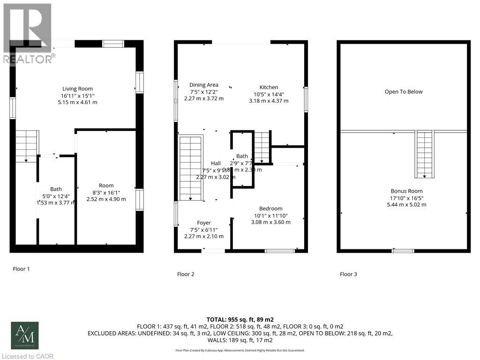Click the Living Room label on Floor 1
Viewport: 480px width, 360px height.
[78, 89]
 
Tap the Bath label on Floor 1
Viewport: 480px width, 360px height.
[56, 189]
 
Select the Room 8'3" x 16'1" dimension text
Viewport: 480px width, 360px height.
[106, 192]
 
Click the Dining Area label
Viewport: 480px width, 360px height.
[204, 85]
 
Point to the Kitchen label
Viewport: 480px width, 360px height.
[269, 87]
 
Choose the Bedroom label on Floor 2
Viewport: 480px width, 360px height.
[271, 209]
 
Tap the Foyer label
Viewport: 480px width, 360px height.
[204, 223]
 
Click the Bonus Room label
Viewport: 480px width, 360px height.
[406, 191]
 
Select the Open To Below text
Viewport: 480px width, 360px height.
[404, 92]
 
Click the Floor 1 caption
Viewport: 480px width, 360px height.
[21, 269]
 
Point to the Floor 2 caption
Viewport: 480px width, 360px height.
[186, 274]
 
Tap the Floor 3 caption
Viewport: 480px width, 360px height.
[348, 274]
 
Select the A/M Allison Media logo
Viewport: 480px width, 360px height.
[25, 335]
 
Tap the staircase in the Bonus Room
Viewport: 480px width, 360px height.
[424, 154]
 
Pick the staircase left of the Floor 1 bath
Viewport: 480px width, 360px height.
[26, 146]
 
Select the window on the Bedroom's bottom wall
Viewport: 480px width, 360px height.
[279, 251]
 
